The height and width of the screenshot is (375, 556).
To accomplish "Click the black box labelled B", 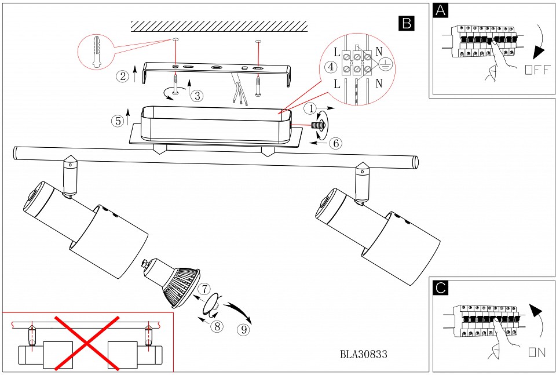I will point(406,23).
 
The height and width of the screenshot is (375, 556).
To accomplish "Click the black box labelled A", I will point(441,11).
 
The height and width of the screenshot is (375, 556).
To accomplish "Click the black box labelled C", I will point(441,287).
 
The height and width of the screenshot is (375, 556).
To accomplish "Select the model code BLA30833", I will point(363,354).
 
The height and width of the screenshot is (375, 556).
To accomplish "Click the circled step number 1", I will point(311,108).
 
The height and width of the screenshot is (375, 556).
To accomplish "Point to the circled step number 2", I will point(122,76).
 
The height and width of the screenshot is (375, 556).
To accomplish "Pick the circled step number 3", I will point(197,96).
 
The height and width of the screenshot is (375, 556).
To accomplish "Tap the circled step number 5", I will point(118,121).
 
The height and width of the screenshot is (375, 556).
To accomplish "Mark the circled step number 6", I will point(335,143).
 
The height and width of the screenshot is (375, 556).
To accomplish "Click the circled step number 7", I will point(203,289).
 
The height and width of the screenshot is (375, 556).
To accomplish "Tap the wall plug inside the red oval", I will point(95,52).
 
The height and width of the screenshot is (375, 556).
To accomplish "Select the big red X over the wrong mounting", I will point(87,343).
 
